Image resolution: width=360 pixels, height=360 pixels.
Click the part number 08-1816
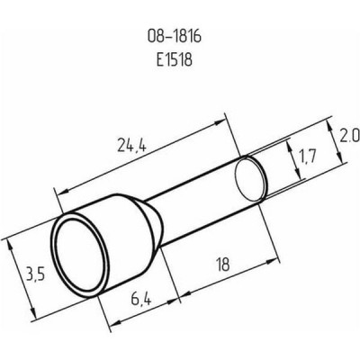point(174,37)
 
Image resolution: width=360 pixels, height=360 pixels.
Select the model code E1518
point(174,59)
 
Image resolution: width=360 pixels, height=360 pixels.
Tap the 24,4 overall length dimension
point(132,146)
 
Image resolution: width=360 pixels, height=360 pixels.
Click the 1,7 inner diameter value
point(307,157)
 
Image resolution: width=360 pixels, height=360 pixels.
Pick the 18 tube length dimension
point(222,265)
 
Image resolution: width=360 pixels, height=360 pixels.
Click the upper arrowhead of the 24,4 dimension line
point(220,121)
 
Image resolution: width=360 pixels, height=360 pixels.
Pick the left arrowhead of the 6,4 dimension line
point(113,323)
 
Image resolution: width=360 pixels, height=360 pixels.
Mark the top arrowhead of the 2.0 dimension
point(330,126)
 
